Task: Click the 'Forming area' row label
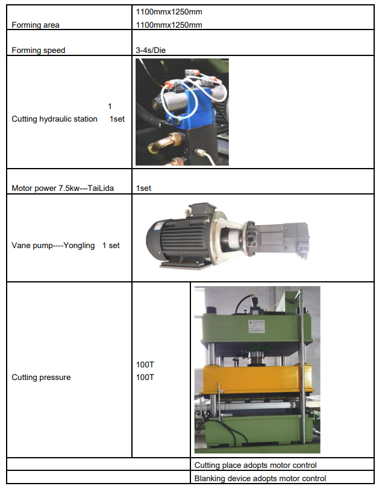36,25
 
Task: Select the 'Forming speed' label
39,50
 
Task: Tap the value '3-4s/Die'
151,50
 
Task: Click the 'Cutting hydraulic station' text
55,119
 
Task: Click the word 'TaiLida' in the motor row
101,188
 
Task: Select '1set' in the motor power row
143,188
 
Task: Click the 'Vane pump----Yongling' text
53,246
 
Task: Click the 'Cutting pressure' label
41,378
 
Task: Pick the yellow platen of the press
257,379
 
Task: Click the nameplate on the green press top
257,326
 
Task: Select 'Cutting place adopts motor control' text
255,466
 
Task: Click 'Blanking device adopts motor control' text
260,478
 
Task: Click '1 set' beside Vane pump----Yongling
111,246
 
